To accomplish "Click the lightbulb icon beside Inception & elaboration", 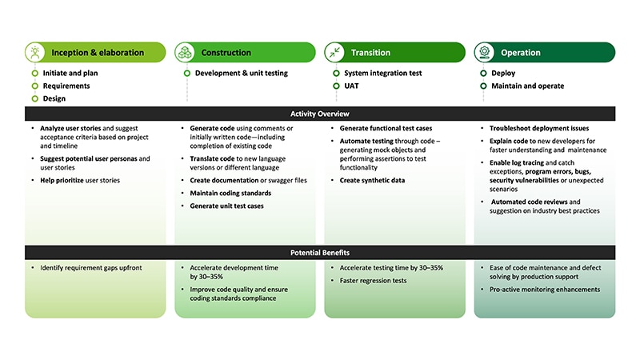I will point(34,53).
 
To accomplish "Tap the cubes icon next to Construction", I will point(185,53).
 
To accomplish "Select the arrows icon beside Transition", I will point(334,53).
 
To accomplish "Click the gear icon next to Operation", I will point(484,53).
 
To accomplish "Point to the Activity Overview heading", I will point(319,114).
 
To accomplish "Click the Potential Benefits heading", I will point(319,253).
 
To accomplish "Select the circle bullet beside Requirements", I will point(34,86).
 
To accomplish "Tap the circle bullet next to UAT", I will point(334,86).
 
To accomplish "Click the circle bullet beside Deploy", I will point(484,73).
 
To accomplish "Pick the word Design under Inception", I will point(54,98).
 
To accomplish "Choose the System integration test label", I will point(382,73).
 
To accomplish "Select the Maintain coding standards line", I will point(226,193).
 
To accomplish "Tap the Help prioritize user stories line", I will point(80,181).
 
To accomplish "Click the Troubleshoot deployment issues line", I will point(538,128).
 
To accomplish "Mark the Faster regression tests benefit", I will point(373,281).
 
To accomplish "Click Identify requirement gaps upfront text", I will point(91,267).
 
